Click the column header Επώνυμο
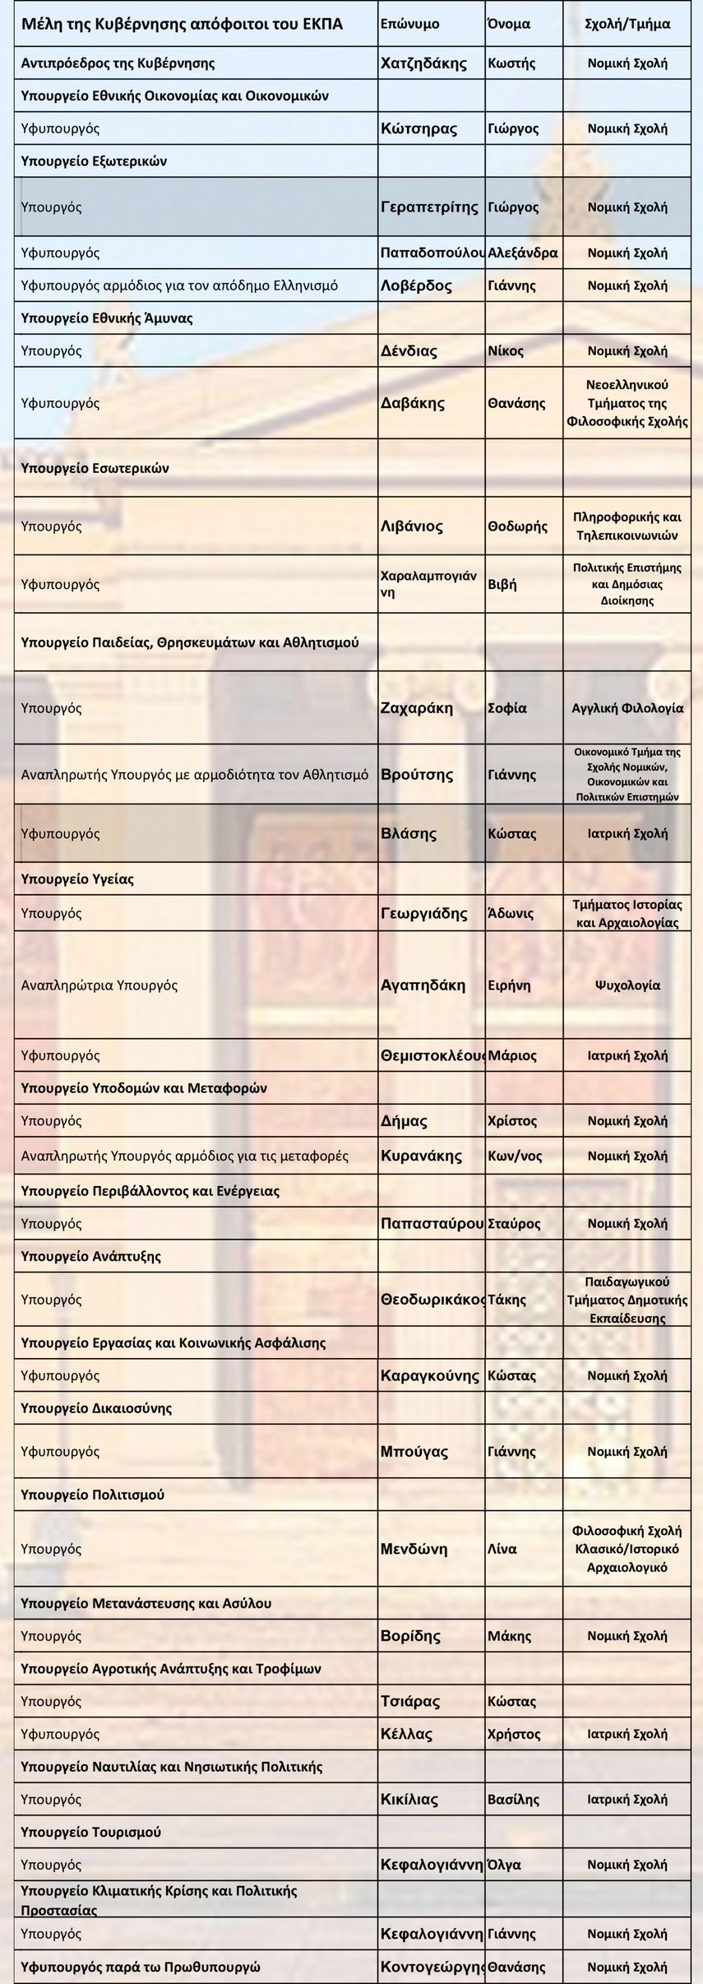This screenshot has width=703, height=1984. [409, 24]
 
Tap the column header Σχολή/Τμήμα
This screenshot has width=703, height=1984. [627, 24]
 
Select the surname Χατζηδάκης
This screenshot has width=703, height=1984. [423, 63]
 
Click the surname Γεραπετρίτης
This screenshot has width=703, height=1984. [429, 207]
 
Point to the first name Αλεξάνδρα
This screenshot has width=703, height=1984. [523, 253]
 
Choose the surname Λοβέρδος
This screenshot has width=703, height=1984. [416, 285]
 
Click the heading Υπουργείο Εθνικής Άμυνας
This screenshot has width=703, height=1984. [107, 318]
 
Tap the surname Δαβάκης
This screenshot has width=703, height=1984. [413, 403]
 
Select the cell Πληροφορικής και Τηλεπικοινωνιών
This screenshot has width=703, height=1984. [627, 526]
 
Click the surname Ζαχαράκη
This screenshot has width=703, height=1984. [417, 708]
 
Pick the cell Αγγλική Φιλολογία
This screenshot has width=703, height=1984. [627, 708]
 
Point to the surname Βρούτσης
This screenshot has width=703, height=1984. [417, 775]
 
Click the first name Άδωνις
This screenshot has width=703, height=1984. [511, 913]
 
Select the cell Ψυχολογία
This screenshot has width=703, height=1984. [627, 985]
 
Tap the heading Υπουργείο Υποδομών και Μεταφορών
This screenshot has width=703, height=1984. [144, 1088]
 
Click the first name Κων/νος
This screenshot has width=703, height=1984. [515, 1156]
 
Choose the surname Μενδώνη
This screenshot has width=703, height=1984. [414, 1549]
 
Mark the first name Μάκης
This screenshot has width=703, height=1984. [509, 1636]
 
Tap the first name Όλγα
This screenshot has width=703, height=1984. [504, 1865]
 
